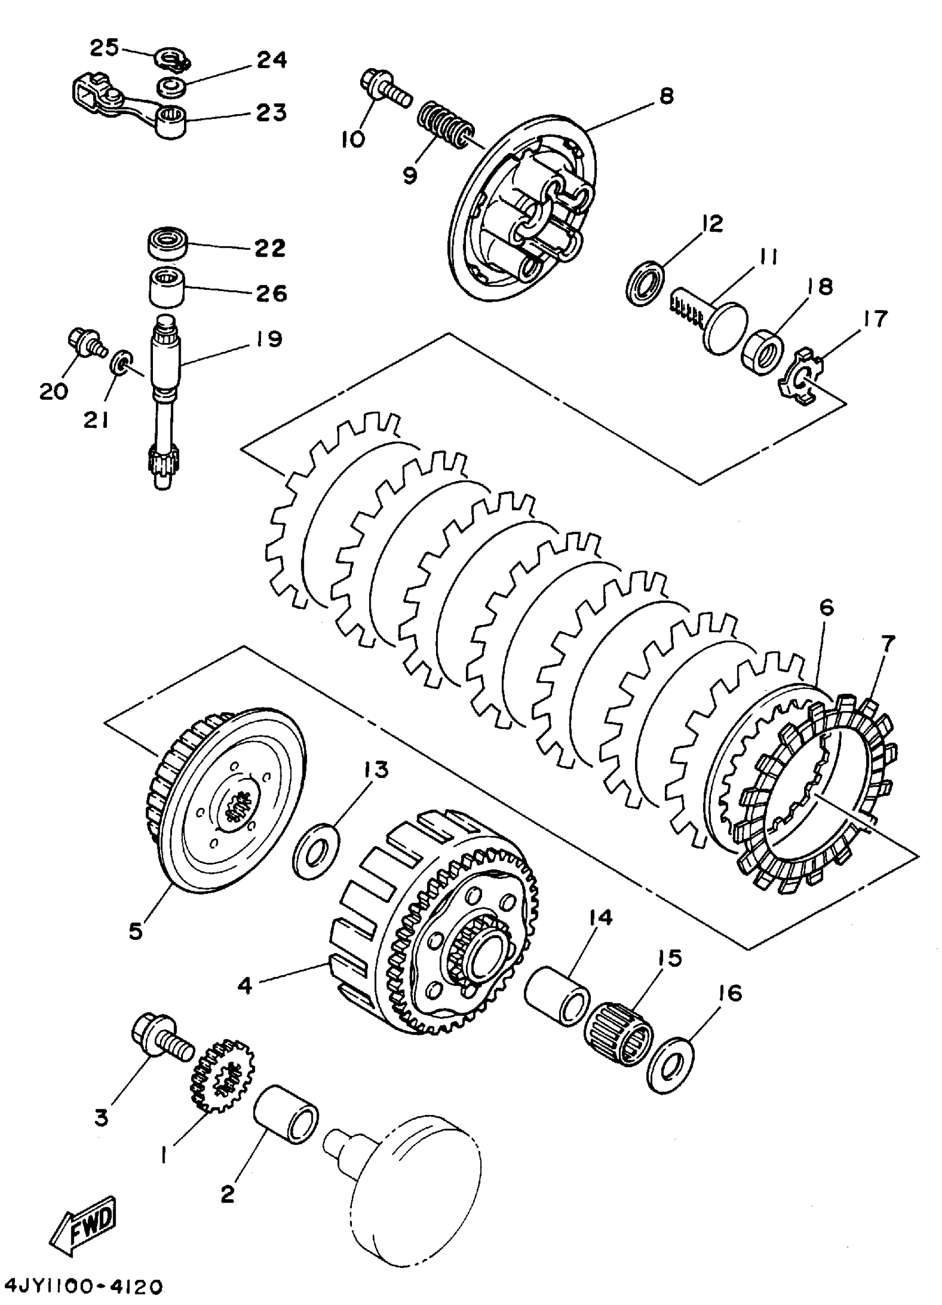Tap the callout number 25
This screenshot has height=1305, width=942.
click(x=104, y=48)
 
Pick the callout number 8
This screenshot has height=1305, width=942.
click(x=666, y=95)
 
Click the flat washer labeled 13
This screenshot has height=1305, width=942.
click(x=315, y=849)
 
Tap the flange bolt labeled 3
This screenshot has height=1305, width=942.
click(x=161, y=1041)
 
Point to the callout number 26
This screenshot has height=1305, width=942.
click(x=271, y=294)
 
